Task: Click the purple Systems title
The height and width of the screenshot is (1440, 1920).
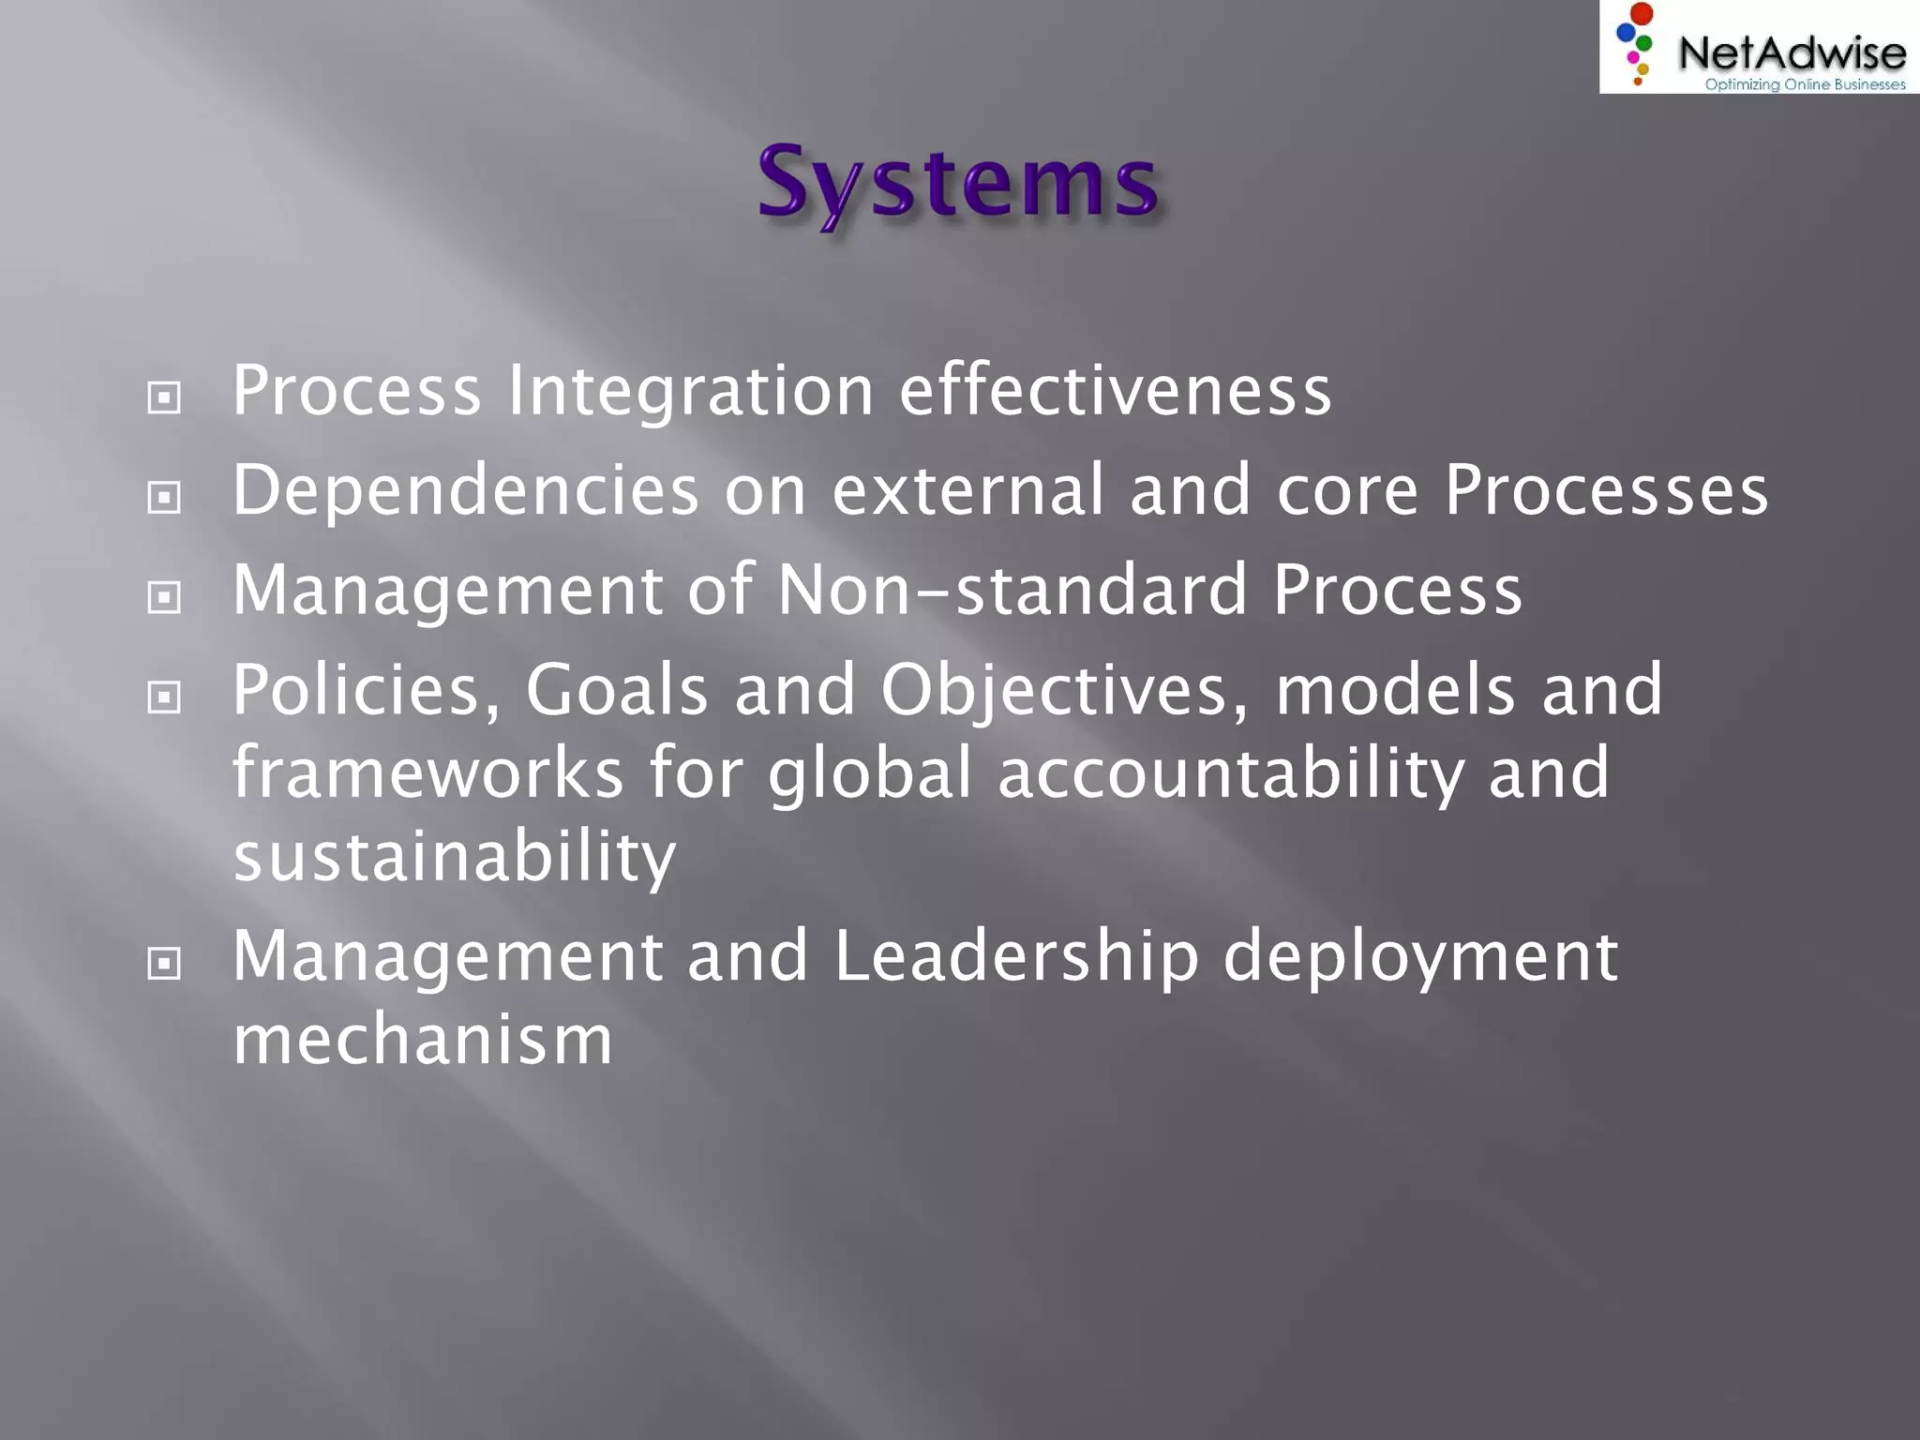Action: [x=958, y=183]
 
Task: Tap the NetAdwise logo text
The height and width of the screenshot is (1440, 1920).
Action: [x=1791, y=52]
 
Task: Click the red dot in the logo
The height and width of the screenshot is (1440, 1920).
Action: [x=1642, y=14]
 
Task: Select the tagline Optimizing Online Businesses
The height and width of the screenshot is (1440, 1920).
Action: [x=1805, y=84]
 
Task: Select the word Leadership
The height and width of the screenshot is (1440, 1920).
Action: [x=1016, y=956]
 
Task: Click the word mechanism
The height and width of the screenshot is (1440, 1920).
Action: [x=423, y=1040]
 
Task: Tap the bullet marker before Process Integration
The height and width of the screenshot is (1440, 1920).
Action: [x=164, y=398]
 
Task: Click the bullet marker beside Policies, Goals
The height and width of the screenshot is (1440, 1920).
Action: [x=164, y=697]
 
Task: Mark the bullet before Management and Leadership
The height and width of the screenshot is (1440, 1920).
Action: [x=164, y=964]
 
